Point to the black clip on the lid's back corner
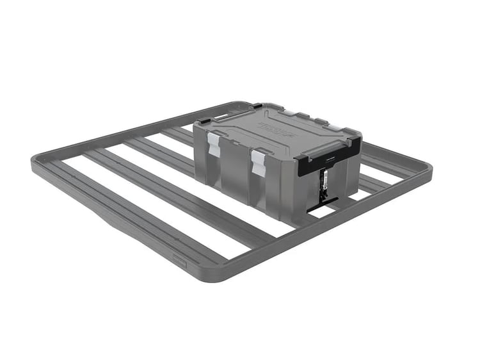[x=256, y=105]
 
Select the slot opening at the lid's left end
[x=221, y=116]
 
